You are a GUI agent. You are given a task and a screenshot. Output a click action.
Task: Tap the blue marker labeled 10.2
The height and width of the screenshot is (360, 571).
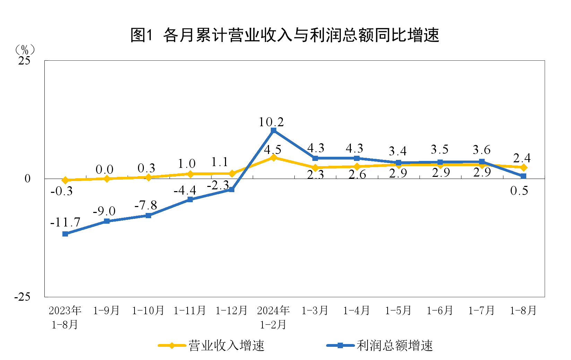(274, 130)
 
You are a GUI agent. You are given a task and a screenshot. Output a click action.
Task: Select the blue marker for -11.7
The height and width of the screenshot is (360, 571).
(65, 234)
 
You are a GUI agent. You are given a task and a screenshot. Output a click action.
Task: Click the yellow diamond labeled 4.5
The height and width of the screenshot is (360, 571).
(274, 158)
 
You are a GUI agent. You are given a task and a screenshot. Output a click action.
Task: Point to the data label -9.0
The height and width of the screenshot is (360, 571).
(104, 211)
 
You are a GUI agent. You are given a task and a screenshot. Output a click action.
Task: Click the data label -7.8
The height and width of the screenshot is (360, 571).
(146, 205)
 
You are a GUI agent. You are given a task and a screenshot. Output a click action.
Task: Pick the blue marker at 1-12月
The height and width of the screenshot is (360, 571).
(232, 189)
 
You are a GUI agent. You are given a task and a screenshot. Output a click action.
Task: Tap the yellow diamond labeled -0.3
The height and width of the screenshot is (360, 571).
(65, 180)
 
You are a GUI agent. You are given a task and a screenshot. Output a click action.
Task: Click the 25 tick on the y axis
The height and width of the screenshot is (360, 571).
(24, 61)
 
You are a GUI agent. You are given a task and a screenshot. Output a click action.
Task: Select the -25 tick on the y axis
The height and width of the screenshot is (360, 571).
(22, 297)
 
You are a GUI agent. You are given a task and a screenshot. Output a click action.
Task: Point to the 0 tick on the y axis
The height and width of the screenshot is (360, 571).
(27, 179)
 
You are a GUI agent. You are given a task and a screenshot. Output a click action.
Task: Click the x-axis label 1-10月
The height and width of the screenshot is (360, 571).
(148, 310)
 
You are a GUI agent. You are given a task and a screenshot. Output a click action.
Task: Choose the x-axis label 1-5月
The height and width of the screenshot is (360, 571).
(398, 310)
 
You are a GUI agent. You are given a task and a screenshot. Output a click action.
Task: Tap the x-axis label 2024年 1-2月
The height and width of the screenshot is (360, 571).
(273, 317)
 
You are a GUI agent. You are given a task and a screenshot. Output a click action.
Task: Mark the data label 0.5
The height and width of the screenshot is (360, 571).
(519, 190)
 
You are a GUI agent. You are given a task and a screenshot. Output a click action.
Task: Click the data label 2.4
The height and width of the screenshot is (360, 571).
(522, 158)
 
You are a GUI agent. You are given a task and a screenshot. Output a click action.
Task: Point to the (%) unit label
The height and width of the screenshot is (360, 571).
(25, 50)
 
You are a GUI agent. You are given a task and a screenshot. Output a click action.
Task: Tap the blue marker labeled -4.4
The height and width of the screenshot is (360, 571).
(190, 199)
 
